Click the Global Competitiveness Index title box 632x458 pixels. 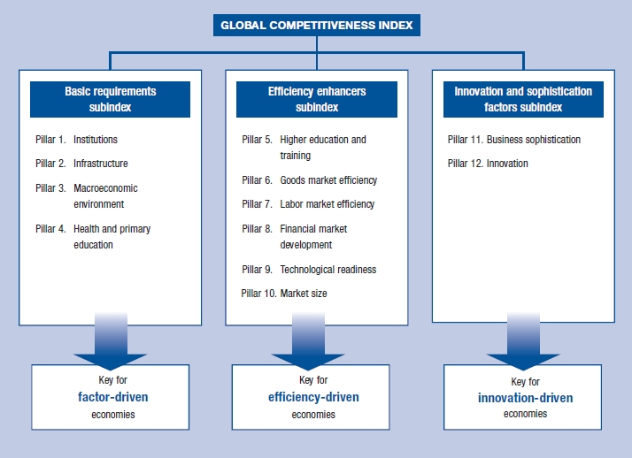click(x=316, y=26)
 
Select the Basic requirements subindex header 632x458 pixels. click(x=110, y=99)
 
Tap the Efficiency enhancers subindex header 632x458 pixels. click(x=316, y=99)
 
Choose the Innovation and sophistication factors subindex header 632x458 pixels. click(x=522, y=99)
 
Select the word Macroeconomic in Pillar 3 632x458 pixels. click(x=105, y=188)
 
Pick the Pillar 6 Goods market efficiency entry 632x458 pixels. click(x=309, y=180)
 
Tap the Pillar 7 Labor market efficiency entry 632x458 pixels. click(x=308, y=204)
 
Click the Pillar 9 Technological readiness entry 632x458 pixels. click(x=309, y=270)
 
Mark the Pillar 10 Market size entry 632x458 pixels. click(x=284, y=294)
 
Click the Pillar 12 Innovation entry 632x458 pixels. click(x=488, y=164)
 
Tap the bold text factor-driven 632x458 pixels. click(x=112, y=397)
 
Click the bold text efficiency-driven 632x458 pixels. click(x=313, y=397)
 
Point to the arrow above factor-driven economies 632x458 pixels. click(x=110, y=340)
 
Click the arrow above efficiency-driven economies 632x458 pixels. click(x=307, y=340)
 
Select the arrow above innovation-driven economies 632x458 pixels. click(x=522, y=340)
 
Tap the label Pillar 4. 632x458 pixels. click(x=50, y=229)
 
